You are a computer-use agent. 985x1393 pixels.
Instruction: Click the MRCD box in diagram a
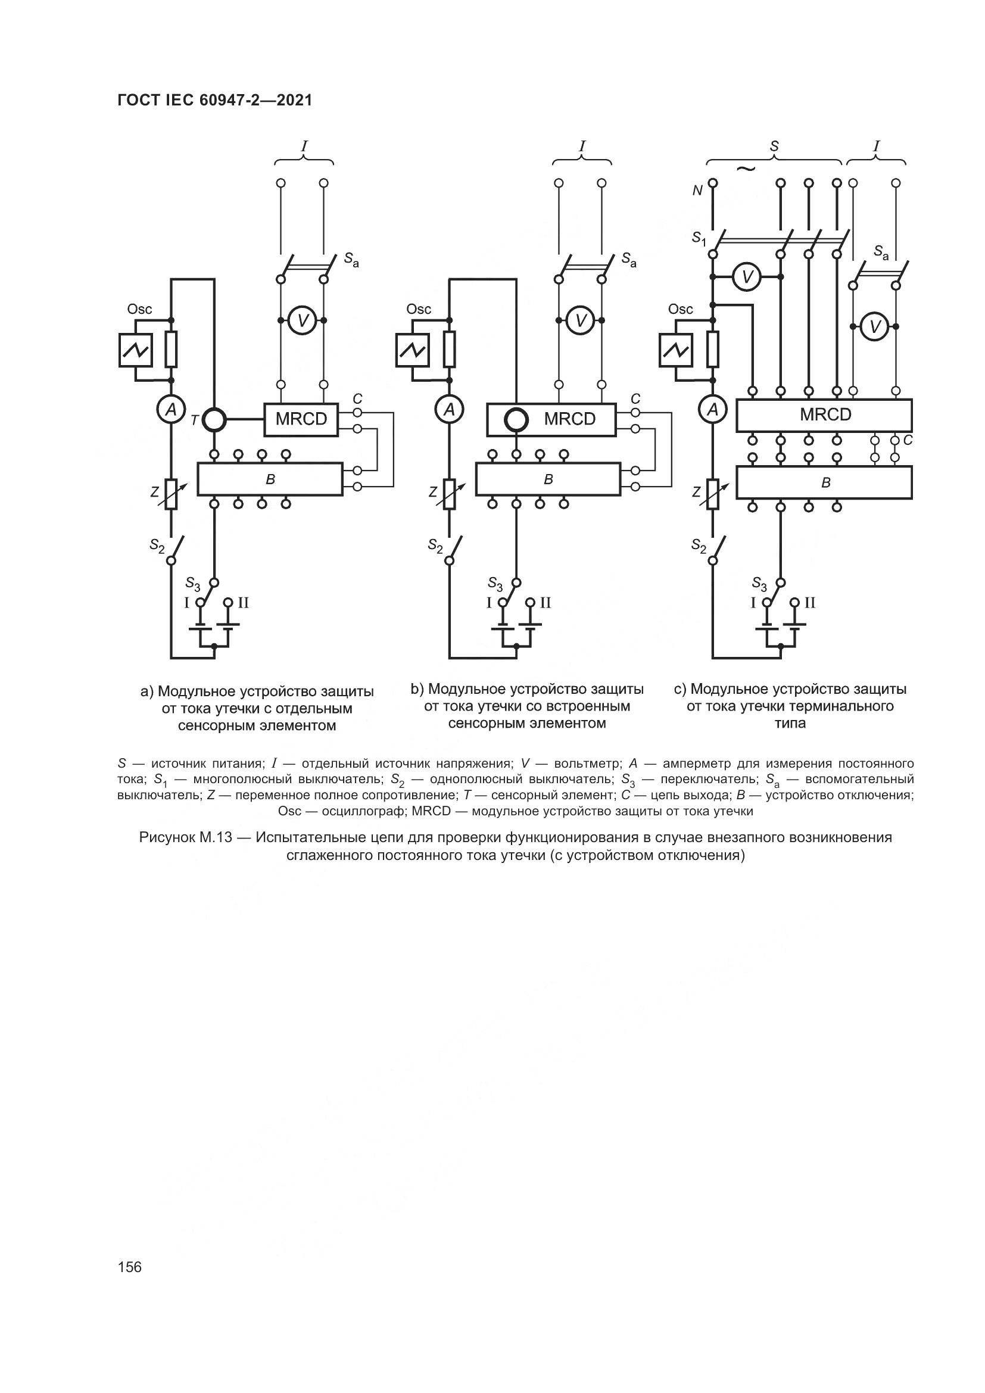301,419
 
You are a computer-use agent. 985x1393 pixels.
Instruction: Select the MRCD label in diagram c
825,415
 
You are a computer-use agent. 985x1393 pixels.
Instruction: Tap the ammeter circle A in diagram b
449,410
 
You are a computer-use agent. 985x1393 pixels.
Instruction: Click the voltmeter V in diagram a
302,321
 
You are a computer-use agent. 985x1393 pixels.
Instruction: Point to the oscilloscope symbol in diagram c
676,351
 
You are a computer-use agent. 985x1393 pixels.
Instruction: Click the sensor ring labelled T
214,419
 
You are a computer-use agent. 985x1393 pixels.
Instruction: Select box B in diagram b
548,479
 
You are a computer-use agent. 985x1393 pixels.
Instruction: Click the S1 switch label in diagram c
699,238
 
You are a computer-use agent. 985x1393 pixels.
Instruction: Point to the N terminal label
697,191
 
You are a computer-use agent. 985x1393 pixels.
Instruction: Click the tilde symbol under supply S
746,169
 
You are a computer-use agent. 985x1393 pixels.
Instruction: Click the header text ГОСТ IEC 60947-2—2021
215,101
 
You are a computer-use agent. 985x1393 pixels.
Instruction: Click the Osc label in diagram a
139,310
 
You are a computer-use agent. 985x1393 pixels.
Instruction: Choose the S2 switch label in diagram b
435,546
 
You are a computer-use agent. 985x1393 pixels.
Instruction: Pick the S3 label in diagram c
759,584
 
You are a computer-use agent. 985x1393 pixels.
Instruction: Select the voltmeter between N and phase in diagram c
747,278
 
